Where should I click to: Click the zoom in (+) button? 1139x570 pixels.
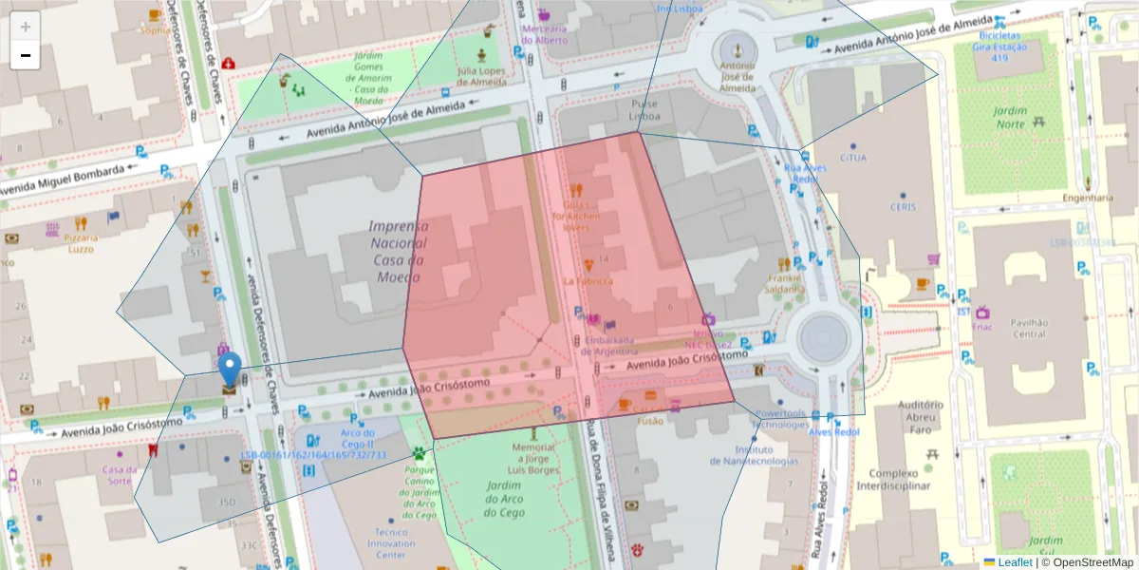pyautogui.click(x=26, y=27)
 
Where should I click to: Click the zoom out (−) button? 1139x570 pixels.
pyautogui.click(x=26, y=55)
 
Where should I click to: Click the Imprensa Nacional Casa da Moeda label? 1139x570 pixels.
pyautogui.click(x=398, y=251)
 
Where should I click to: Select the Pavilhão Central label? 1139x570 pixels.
pyautogui.click(x=1029, y=328)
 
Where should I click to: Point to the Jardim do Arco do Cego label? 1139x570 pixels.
pyautogui.click(x=505, y=499)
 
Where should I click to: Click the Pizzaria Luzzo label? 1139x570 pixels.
pyautogui.click(x=80, y=243)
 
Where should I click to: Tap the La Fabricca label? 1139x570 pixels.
pyautogui.click(x=588, y=281)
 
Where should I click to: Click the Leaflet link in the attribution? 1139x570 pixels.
pyautogui.click(x=1014, y=562)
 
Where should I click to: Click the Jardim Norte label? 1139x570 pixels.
pyautogui.click(x=1010, y=117)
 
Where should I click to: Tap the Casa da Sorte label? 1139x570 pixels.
pyautogui.click(x=119, y=474)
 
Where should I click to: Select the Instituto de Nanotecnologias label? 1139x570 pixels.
pyautogui.click(x=755, y=455)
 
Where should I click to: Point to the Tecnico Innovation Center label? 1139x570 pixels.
pyautogui.click(x=391, y=543)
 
